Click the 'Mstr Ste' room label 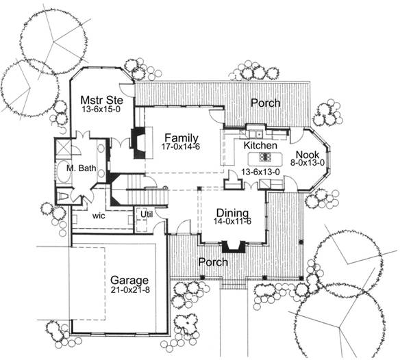click(x=101, y=100)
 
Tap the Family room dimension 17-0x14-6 click(x=181, y=146)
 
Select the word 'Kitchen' click(x=260, y=145)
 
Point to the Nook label click(x=308, y=155)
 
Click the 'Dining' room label click(x=232, y=213)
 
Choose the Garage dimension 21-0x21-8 click(x=130, y=290)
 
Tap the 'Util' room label click(x=147, y=214)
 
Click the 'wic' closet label click(x=99, y=216)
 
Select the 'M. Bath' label click(x=82, y=168)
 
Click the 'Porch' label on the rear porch click(x=266, y=103)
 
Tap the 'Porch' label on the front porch click(x=213, y=262)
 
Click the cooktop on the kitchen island click(x=264, y=157)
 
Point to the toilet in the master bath click(x=63, y=196)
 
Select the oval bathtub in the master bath click(x=64, y=172)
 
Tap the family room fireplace click(x=140, y=142)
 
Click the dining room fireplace click(x=234, y=246)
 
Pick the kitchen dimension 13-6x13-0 click(x=260, y=172)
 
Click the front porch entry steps click(x=234, y=285)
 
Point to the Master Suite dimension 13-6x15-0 click(x=101, y=110)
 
